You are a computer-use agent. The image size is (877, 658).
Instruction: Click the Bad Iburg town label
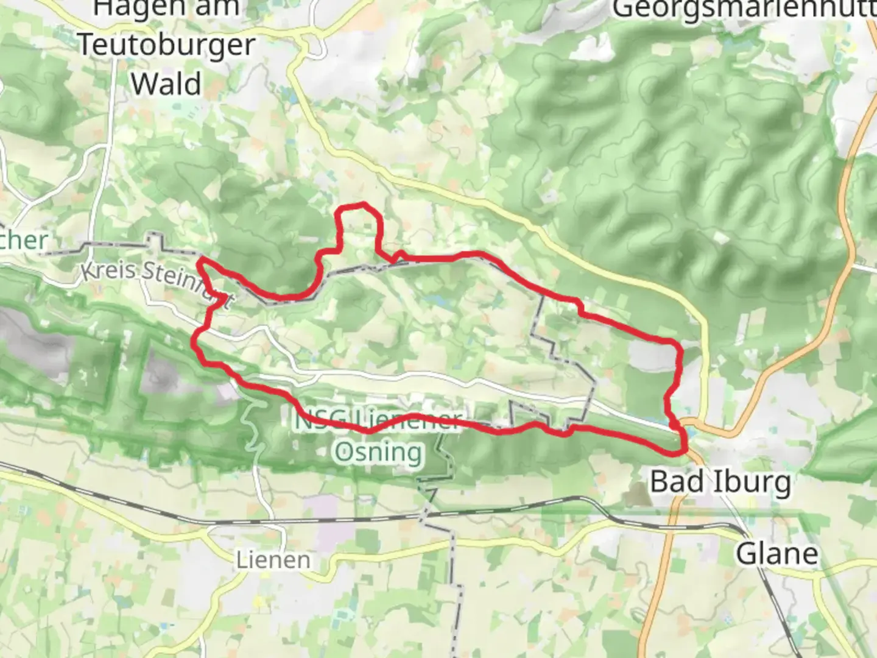(720, 483)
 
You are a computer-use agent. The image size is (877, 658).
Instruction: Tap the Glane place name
(777, 554)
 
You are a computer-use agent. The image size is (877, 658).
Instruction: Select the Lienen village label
(273, 560)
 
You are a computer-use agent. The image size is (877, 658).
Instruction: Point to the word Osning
(378, 453)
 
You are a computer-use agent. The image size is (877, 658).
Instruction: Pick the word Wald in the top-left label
(166, 83)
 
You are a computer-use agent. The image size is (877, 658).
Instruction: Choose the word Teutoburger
(167, 45)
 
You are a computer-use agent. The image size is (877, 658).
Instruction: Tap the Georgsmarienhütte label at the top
(743, 9)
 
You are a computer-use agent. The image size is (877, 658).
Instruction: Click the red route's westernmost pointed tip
(199, 260)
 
